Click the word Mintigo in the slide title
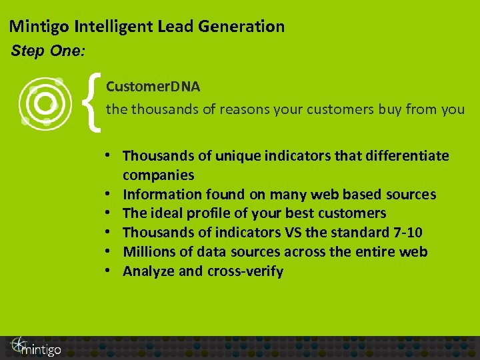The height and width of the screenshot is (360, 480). coord(39,27)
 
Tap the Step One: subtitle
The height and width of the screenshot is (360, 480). coord(47,51)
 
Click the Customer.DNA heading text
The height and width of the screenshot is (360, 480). coord(153,87)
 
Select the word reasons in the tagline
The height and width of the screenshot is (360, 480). coord(239,109)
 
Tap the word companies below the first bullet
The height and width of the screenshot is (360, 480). coord(159,175)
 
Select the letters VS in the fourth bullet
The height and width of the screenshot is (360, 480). coord(294,233)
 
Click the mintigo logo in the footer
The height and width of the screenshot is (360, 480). coord(35,347)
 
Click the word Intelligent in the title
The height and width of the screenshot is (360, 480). coord(126,27)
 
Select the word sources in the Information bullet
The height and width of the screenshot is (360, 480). coord(411,195)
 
